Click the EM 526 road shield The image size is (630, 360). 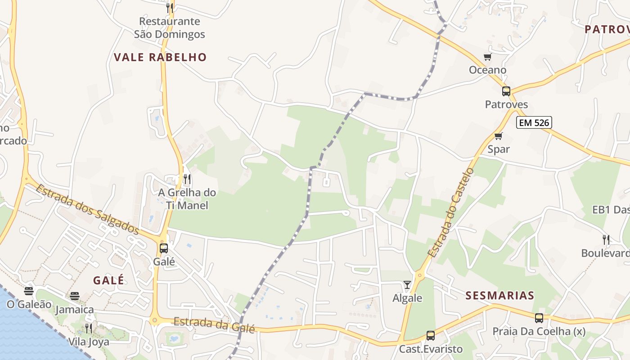tap(534, 122)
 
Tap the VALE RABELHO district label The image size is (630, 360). tap(160, 57)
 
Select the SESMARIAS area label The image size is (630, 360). tap(500, 296)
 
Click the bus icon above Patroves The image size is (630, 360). tap(506, 91)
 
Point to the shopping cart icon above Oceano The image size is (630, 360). tap(487, 57)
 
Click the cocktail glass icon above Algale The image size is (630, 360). tap(407, 285)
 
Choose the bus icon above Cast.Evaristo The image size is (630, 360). tap(431, 336)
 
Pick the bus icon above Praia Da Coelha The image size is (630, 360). tap(539, 318)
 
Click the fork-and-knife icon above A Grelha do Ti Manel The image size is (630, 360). tap(187, 180)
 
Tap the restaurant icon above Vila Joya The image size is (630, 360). tap(88, 328)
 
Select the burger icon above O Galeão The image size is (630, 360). tap(29, 291)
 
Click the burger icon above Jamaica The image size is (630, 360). tap(75, 296)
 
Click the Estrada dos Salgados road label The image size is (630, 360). tap(87, 209)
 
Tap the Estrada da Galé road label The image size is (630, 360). tap(214, 325)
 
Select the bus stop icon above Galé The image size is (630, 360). tap(164, 248)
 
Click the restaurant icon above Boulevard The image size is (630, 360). tap(606, 239)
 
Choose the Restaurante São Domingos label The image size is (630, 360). tap(169, 28)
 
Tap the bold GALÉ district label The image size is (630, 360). tap(108, 280)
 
